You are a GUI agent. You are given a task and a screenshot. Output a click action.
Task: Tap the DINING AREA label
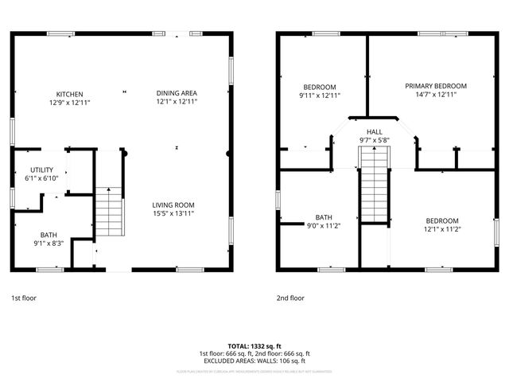tap(177, 93)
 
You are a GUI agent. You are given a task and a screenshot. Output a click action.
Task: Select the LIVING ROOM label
tap(173, 205)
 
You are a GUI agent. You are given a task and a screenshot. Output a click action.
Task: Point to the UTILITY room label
tap(42, 170)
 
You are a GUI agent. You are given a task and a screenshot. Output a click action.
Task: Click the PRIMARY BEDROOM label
tap(435, 86)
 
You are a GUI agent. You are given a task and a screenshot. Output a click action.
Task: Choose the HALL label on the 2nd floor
tap(375, 131)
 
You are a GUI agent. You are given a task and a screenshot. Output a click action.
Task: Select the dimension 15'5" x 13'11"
tap(173, 213)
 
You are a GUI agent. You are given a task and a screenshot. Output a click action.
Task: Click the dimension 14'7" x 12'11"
tap(435, 95)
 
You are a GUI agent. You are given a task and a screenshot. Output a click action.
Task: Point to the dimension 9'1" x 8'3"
tap(49, 244)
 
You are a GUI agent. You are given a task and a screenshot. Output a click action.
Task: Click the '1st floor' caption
tap(23, 298)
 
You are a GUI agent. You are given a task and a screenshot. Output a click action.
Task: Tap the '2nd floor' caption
tap(290, 298)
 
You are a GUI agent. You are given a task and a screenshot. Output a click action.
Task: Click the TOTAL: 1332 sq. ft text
tap(254, 346)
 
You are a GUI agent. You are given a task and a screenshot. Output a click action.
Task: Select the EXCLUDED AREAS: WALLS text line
tap(254, 361)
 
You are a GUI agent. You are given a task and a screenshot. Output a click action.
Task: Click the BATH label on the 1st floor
tap(49, 235)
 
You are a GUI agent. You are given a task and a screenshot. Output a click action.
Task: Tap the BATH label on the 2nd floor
tap(323, 216)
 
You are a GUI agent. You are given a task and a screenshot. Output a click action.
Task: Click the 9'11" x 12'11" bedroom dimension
tap(320, 95)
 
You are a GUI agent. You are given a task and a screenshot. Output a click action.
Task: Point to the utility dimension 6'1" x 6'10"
tap(42, 178)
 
